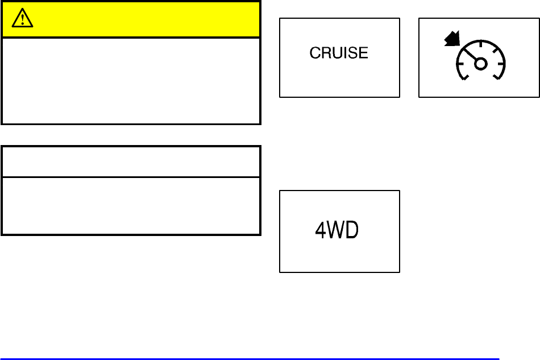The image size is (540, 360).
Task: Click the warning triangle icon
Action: click(x=22, y=20)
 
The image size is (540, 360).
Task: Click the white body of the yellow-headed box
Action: click(x=131, y=80)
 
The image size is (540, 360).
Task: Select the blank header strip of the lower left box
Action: click(x=131, y=162)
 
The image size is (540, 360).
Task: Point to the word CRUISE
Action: click(x=339, y=53)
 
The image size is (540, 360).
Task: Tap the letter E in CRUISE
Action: click(x=364, y=53)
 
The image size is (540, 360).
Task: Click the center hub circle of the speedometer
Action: click(x=480, y=64)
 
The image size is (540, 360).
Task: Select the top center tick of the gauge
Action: click(x=480, y=43)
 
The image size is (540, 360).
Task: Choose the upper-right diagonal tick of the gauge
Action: click(x=495, y=48)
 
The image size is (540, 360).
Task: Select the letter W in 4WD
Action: click(x=337, y=231)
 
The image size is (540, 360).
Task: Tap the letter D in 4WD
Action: click(x=352, y=231)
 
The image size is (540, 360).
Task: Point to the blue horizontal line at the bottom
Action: click(x=250, y=359)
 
